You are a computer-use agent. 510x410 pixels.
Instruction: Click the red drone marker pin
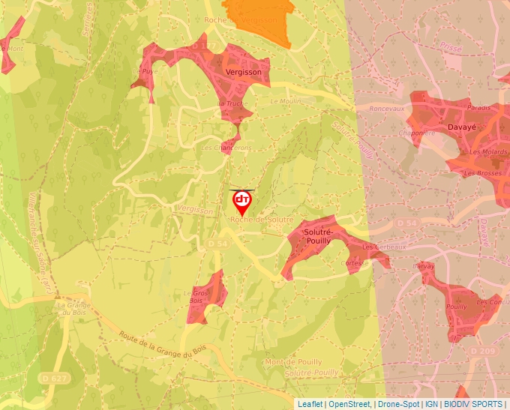pos(242,201)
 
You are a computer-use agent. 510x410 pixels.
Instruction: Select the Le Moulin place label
pos(284,100)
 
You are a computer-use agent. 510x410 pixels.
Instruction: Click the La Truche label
pos(232,103)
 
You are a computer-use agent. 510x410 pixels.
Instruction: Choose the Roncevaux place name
pos(387,108)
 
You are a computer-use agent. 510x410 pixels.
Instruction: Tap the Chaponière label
pos(418,133)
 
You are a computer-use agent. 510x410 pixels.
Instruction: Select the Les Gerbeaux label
pos(383,247)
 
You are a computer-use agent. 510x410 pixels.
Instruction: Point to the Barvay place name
pos(424,266)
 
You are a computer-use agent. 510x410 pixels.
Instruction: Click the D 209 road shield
pos(484,351)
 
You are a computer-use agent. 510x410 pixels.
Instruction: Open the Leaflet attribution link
pos(310,404)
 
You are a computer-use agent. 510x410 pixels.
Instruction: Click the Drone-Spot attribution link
pos(398,404)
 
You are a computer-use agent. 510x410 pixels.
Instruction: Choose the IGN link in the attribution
pos(431,404)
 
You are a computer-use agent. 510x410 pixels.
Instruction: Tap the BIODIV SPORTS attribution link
pos(473,404)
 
